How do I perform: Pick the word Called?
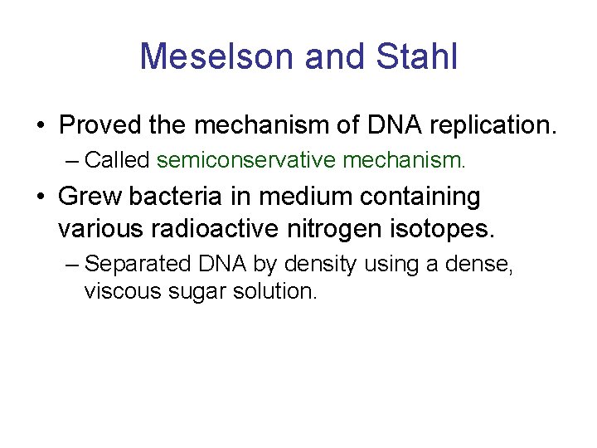point(117,158)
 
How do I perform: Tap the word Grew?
point(87,197)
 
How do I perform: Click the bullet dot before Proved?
point(40,127)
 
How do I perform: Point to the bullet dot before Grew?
point(40,198)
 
